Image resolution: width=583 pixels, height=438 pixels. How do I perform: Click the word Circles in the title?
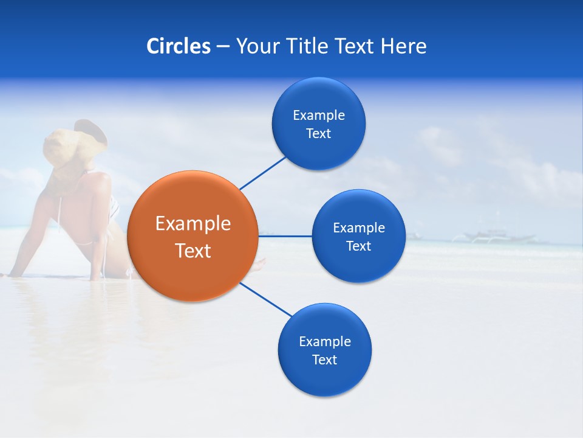(178, 46)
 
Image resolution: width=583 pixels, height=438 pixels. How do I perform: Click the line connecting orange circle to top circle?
(262, 173)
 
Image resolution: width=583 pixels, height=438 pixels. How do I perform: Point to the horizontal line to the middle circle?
(285, 236)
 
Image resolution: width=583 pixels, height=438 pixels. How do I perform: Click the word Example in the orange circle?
(193, 223)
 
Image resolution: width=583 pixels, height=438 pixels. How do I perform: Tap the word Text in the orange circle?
(193, 251)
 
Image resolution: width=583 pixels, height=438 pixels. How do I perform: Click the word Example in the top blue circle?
(319, 115)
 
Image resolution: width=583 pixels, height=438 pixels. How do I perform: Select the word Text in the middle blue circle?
(358, 246)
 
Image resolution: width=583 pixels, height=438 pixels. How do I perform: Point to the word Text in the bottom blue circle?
(324, 360)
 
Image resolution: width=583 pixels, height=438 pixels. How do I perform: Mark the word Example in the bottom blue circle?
(325, 341)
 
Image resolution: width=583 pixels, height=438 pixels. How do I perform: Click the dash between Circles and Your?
(223, 46)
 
